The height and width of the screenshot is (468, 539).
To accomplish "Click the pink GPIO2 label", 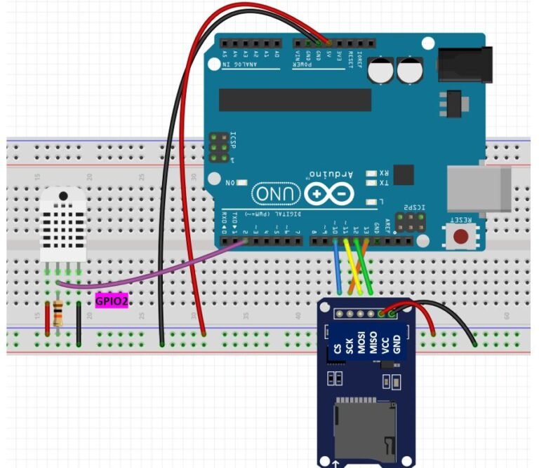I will coord(112,301).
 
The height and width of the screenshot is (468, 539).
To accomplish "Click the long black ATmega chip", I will coord(295,99).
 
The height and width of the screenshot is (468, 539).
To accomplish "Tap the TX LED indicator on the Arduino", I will coord(371,184).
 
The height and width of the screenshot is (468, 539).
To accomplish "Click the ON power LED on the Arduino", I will coord(242,183).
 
